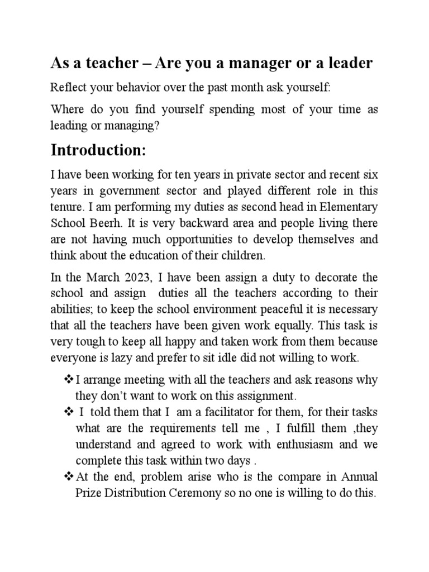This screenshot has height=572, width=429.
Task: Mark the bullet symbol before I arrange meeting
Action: click(69, 380)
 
